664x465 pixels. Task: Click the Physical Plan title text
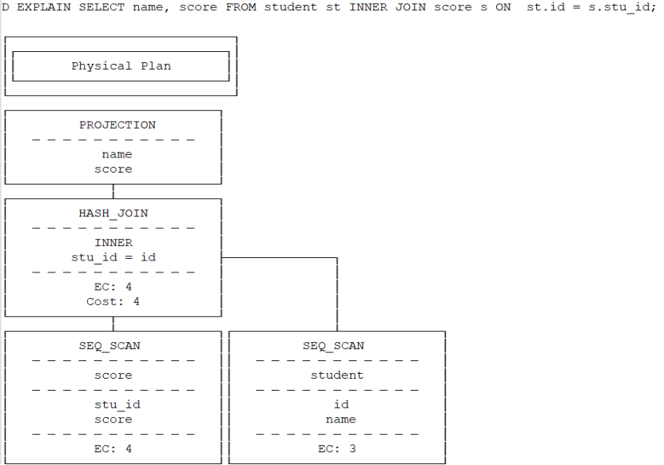[x=121, y=66]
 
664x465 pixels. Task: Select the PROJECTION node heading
[x=117, y=125]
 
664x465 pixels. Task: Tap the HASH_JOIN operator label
[x=113, y=213]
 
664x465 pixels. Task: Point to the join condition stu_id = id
[x=113, y=257]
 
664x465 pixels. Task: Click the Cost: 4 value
[x=113, y=301]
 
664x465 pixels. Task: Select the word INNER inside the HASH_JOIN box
[x=113, y=243]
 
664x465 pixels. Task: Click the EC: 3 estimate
[x=336, y=449]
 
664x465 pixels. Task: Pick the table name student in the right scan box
[x=336, y=375]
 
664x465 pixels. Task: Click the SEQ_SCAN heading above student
[x=332, y=346]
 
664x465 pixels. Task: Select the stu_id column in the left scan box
[x=117, y=405]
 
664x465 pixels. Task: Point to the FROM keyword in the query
[x=241, y=7]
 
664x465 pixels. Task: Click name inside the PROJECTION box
[x=117, y=155]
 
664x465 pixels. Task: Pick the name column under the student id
[x=340, y=419]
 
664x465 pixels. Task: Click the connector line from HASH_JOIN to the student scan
[x=280, y=258]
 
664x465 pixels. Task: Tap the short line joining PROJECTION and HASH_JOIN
[x=113, y=192]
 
